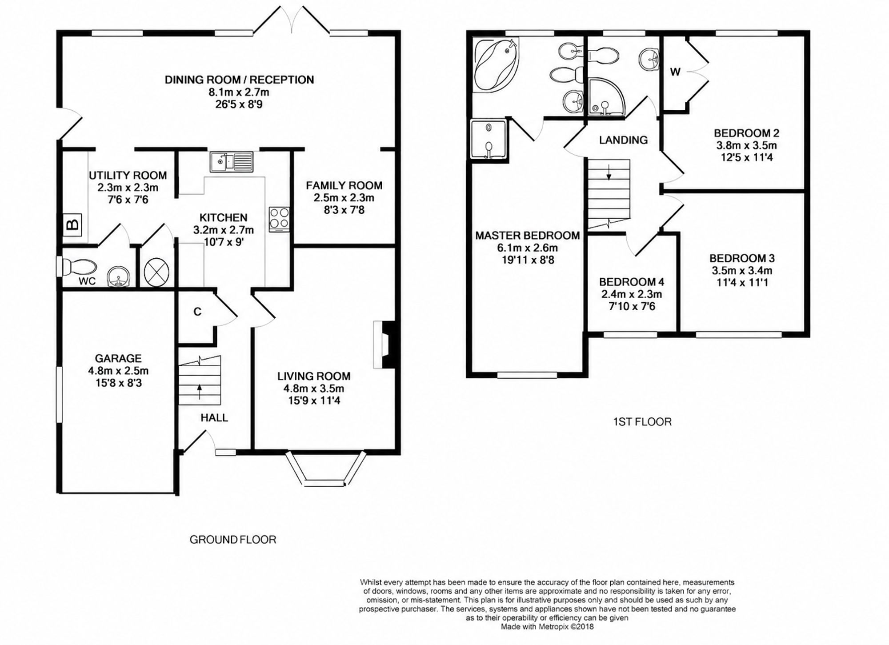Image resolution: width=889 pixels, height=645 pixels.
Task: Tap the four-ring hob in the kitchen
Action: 279,220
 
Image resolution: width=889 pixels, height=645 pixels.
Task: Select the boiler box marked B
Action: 72,224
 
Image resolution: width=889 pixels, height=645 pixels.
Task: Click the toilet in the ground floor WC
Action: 78,267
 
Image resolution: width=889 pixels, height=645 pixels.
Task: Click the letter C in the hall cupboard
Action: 197,312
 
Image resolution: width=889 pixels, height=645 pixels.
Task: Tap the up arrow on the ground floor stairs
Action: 199,392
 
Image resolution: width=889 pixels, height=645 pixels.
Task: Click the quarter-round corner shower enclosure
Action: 605,97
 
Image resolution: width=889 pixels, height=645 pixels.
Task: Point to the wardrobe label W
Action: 675,72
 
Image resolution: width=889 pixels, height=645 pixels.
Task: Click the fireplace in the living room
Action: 384,345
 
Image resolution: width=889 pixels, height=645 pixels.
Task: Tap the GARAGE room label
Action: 118,358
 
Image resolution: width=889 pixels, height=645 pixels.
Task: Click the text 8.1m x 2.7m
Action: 239,92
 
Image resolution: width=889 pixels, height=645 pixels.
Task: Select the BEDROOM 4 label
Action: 632,282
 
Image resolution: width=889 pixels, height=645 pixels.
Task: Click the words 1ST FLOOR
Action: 642,422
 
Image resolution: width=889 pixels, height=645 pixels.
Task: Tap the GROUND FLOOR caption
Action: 233,540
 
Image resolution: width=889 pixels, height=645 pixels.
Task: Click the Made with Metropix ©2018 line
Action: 547,627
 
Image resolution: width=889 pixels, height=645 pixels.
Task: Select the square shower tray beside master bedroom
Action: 489,138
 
